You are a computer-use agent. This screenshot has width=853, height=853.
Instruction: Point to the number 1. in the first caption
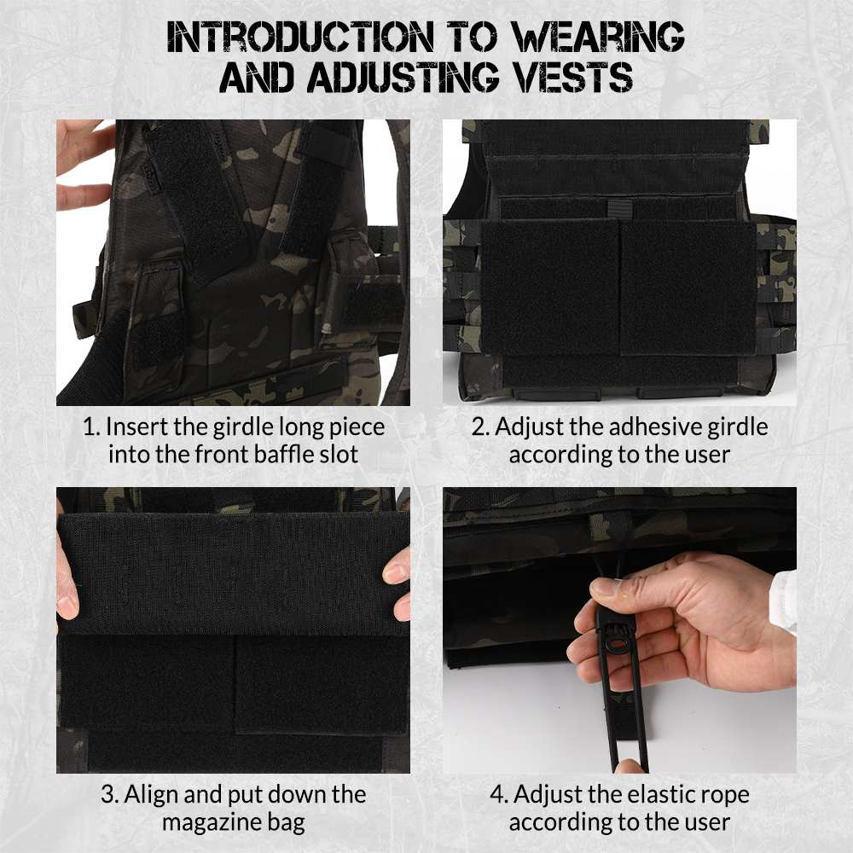coord(91,426)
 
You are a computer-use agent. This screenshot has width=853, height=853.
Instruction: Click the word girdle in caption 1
coord(242,426)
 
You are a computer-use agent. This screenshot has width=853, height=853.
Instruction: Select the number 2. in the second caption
coord(480,426)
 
